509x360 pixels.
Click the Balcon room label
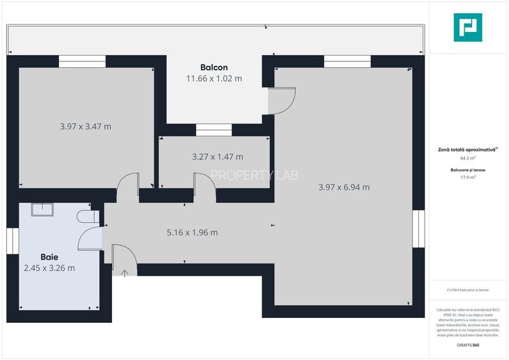214,67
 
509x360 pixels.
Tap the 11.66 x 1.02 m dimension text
214,79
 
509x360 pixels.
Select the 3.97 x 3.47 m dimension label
85,127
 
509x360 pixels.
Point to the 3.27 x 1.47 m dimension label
217,157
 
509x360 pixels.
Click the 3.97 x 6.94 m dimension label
343,187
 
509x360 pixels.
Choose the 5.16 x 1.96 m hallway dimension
192,232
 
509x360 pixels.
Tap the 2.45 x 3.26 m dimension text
49,268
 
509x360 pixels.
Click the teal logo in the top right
467,27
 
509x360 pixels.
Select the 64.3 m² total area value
467,158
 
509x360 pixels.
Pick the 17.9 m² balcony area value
467,177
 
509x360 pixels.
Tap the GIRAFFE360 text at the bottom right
467,345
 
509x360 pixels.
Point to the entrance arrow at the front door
125,273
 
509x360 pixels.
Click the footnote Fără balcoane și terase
467,290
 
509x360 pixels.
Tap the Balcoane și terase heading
467,170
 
